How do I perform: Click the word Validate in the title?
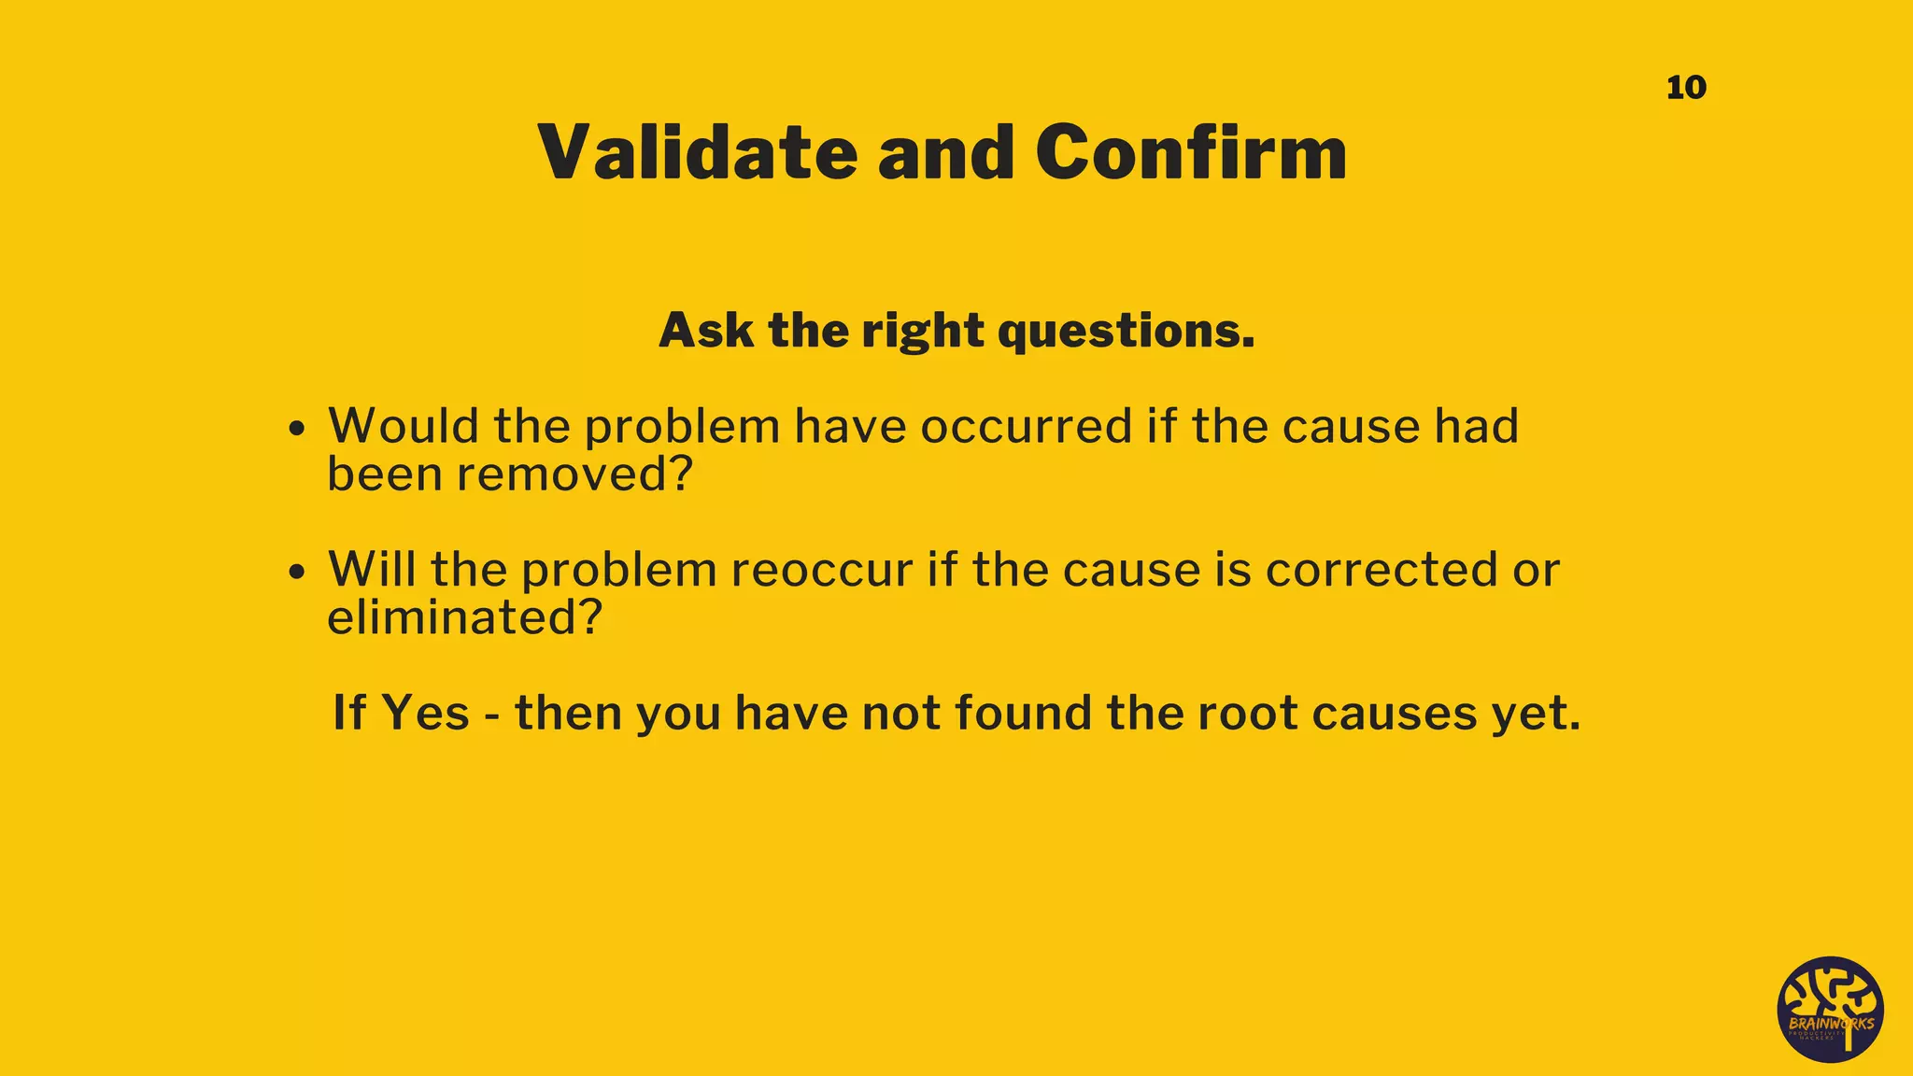click(697, 152)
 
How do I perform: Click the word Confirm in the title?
click(1191, 152)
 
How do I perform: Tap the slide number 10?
click(1686, 88)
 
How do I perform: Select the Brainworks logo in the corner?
click(1830, 1010)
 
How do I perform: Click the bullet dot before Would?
click(297, 430)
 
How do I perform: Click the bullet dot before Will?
click(297, 572)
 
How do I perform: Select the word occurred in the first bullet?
click(1027, 427)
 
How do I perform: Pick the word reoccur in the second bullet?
click(822, 570)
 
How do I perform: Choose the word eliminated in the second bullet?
click(464, 617)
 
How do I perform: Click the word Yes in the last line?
click(425, 714)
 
